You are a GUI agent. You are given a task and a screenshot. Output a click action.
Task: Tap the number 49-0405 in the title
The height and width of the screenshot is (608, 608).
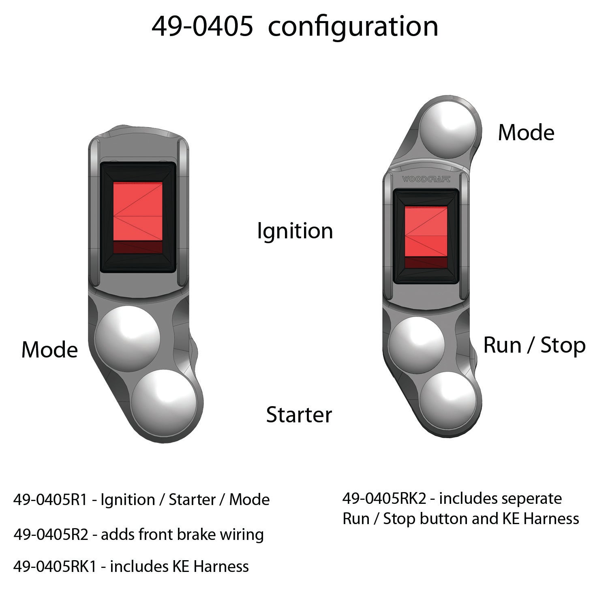(203, 27)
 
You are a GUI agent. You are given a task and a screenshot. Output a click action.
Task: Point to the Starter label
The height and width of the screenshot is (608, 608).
(299, 415)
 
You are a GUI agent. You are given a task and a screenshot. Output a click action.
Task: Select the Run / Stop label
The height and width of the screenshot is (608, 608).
(535, 346)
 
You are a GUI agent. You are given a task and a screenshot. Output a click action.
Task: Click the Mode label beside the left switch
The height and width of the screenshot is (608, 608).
(49, 349)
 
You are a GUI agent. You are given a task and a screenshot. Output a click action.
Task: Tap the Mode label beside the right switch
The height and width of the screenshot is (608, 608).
(526, 133)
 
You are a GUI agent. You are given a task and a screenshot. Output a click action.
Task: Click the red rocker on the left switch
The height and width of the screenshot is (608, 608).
(138, 218)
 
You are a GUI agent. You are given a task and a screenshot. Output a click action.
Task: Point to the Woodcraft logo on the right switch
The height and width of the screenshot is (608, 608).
(426, 179)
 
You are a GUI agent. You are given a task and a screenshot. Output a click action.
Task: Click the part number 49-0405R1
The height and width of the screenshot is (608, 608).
(50, 500)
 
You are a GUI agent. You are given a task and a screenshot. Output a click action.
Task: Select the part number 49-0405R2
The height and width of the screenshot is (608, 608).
(51, 535)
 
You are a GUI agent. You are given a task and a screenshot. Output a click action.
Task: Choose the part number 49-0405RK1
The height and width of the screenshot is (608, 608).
(55, 566)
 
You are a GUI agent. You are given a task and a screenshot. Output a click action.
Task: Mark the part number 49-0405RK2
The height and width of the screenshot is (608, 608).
(384, 499)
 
